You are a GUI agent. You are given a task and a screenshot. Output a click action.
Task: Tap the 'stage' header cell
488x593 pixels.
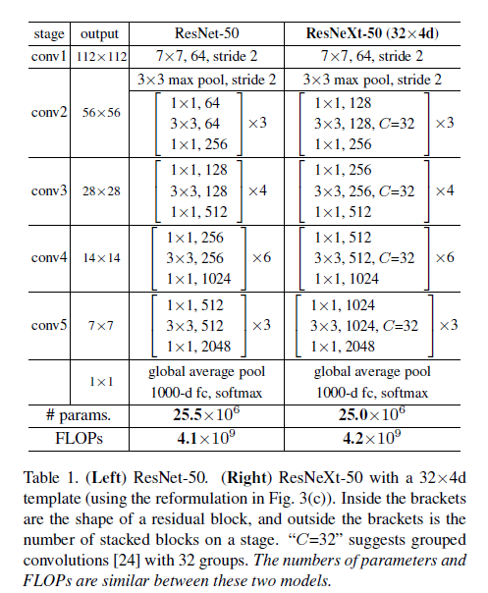point(49,33)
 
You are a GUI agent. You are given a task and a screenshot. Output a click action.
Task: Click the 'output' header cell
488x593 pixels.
point(100,33)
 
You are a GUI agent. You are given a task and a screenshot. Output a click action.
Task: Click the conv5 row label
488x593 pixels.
point(49,324)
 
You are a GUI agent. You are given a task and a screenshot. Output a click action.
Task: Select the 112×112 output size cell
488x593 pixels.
point(100,56)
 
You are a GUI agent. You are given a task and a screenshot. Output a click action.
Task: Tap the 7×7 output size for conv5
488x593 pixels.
point(100,324)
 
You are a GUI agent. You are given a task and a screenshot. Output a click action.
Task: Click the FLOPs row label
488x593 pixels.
point(78,438)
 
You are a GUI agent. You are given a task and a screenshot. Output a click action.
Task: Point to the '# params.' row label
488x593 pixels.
point(78,414)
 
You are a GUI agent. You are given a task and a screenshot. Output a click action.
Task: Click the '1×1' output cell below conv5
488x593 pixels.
point(100,381)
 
